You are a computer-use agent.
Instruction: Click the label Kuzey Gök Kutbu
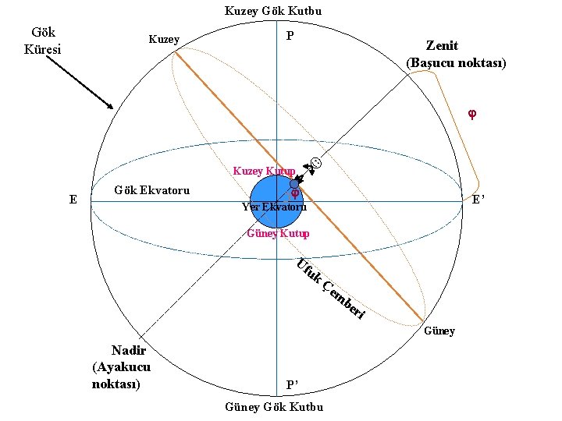pyautogui.click(x=272, y=11)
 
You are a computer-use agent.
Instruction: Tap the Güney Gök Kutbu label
pyautogui.click(x=273, y=407)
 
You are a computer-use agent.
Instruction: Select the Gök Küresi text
pyautogui.click(x=43, y=41)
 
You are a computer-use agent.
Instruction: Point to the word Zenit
pyautogui.click(x=441, y=46)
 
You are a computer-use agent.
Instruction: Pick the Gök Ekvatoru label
pyautogui.click(x=151, y=189)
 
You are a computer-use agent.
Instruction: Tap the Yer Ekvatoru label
pyautogui.click(x=274, y=207)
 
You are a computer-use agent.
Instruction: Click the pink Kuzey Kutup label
pyautogui.click(x=263, y=171)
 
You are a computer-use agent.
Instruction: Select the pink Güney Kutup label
pyautogui.click(x=278, y=233)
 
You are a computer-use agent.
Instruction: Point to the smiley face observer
pyautogui.click(x=315, y=164)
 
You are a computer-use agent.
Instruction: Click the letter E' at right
pyautogui.click(x=478, y=200)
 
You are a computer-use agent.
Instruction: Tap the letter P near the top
pyautogui.click(x=290, y=37)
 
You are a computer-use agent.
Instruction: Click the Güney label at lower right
pyautogui.click(x=439, y=331)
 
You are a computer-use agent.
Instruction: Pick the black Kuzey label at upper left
pyautogui.click(x=163, y=40)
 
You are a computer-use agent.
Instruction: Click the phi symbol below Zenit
pyautogui.click(x=471, y=114)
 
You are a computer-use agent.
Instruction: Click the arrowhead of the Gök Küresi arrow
pyautogui.click(x=112, y=106)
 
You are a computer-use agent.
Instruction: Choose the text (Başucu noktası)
pyautogui.click(x=456, y=62)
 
